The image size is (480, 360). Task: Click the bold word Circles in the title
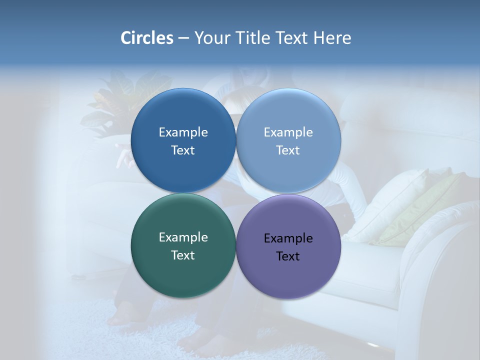click(147, 38)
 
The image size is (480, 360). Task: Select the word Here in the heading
click(332, 38)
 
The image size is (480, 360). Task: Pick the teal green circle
click(183, 272)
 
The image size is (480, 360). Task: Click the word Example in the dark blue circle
click(183, 132)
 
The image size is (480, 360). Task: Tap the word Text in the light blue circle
click(288, 150)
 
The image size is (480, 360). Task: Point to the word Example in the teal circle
click(183, 237)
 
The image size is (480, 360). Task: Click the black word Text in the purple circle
click(288, 256)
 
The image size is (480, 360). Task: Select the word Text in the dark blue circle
click(183, 150)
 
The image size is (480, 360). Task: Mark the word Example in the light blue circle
click(288, 132)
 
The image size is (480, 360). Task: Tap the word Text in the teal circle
click(183, 255)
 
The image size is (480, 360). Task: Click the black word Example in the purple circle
click(288, 238)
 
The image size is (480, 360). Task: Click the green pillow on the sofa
click(425, 210)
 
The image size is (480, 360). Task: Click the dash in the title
click(183, 38)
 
